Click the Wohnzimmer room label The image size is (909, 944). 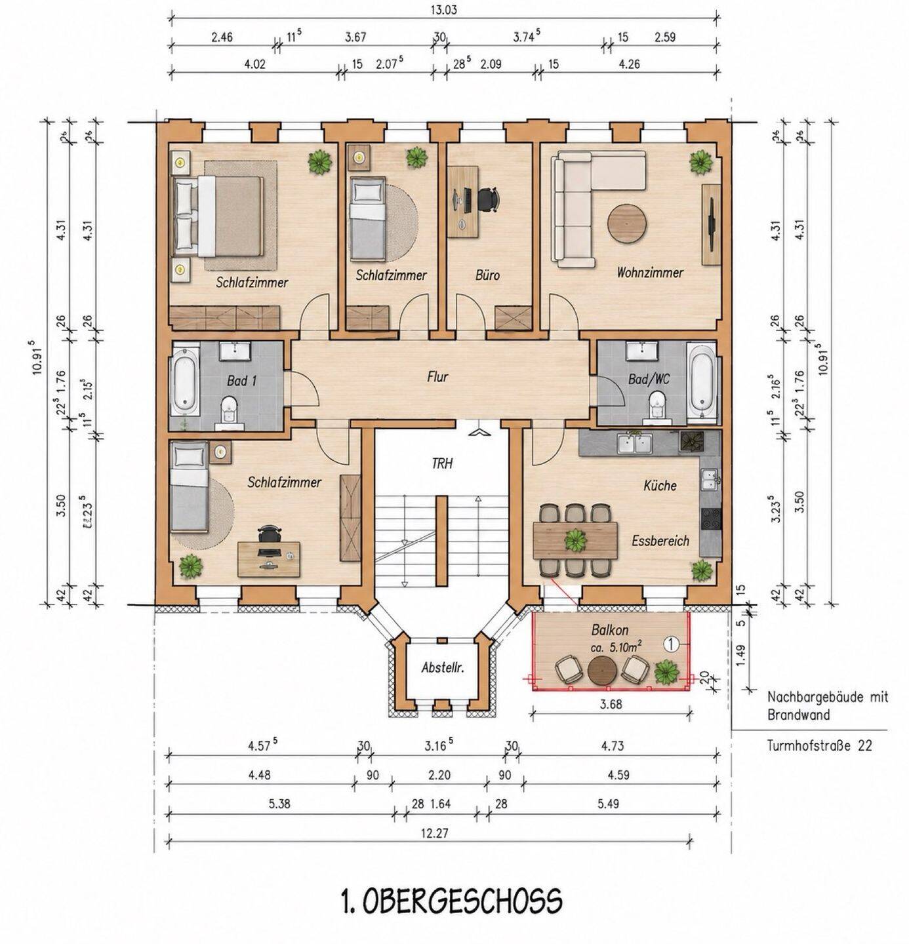[649, 273]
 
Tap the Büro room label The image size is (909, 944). [487, 275]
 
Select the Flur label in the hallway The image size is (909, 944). [437, 377]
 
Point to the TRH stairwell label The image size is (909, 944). [442, 463]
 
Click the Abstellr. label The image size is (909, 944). [443, 667]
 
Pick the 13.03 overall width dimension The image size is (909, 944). [443, 10]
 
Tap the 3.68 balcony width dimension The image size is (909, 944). [611, 704]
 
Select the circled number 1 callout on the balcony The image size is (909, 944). [670, 644]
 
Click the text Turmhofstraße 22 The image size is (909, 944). [819, 745]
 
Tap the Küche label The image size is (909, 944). [660, 485]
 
